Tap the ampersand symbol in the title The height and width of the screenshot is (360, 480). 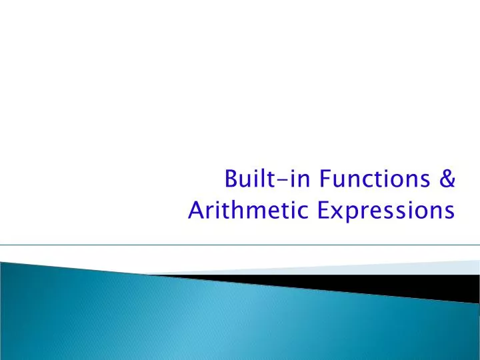[447, 180]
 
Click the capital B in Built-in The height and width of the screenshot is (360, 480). [231, 180]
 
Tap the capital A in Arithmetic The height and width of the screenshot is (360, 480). [196, 211]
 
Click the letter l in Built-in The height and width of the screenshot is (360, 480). [260, 179]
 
